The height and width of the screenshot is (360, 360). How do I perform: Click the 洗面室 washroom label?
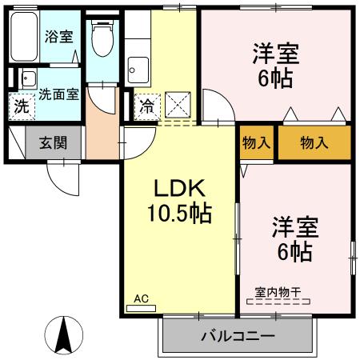tap(58, 94)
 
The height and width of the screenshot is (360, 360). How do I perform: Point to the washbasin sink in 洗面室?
tap(28, 78)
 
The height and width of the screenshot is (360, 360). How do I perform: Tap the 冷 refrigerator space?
tap(146, 105)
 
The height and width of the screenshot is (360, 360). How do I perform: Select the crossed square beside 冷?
tap(177, 105)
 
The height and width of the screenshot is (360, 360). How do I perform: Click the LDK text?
tap(180, 190)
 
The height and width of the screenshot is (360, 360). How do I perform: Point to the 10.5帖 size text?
tap(179, 214)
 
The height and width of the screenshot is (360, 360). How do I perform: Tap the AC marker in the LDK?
tap(141, 299)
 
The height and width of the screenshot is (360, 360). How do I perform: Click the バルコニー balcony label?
tap(237, 334)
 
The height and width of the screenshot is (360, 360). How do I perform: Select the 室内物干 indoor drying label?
tap(277, 292)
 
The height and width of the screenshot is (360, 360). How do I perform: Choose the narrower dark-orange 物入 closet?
tap(256, 143)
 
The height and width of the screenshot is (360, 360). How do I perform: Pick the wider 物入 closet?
tap(314, 143)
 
